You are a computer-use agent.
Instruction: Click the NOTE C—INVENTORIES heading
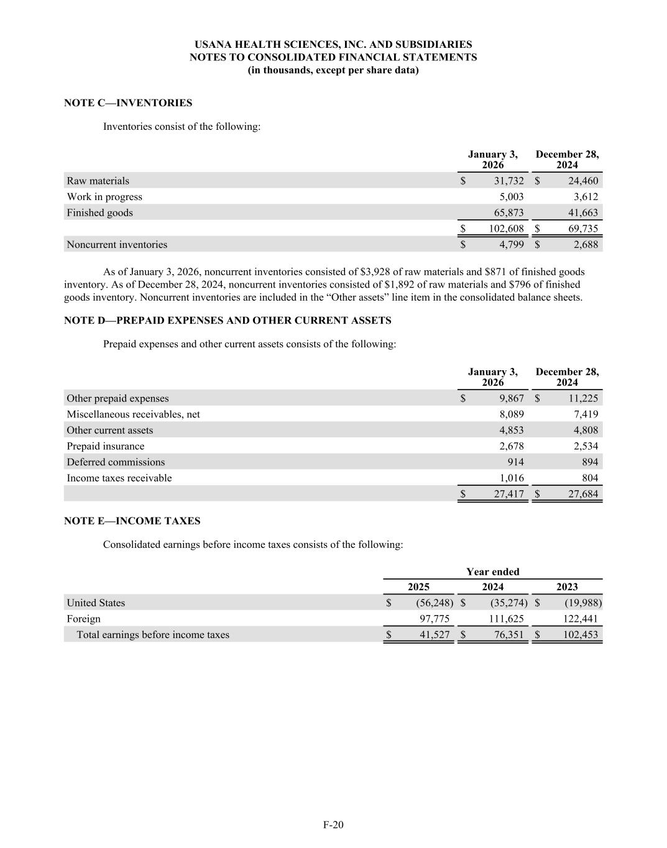pyautogui.click(x=128, y=103)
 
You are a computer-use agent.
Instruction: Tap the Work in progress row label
pyautogui.click(x=104, y=197)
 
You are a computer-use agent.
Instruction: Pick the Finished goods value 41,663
pyautogui.click(x=583, y=212)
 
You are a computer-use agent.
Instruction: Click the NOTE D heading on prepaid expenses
pyautogui.click(x=228, y=321)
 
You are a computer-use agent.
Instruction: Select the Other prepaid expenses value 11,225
pyautogui.click(x=583, y=398)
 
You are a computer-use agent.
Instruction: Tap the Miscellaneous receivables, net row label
pyautogui.click(x=133, y=414)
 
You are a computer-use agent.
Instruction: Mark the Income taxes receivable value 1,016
pyautogui.click(x=512, y=478)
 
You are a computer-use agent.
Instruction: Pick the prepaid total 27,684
pyautogui.click(x=583, y=495)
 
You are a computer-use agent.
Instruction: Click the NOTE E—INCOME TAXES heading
pyautogui.click(x=132, y=521)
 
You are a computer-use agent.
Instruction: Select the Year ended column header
pyautogui.click(x=493, y=572)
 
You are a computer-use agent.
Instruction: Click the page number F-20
pyautogui.click(x=333, y=825)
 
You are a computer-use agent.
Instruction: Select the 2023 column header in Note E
pyautogui.click(x=567, y=587)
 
